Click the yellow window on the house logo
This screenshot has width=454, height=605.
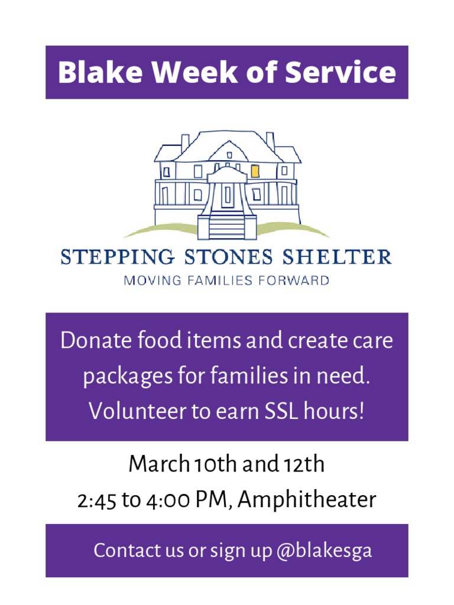pyautogui.click(x=255, y=171)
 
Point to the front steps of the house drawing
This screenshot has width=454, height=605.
pyautogui.click(x=227, y=225)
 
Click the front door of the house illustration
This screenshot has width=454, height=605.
pyautogui.click(x=227, y=196)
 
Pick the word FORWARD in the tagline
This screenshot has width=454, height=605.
pyautogui.click(x=299, y=281)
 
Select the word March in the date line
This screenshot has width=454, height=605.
pyautogui.click(x=155, y=464)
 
